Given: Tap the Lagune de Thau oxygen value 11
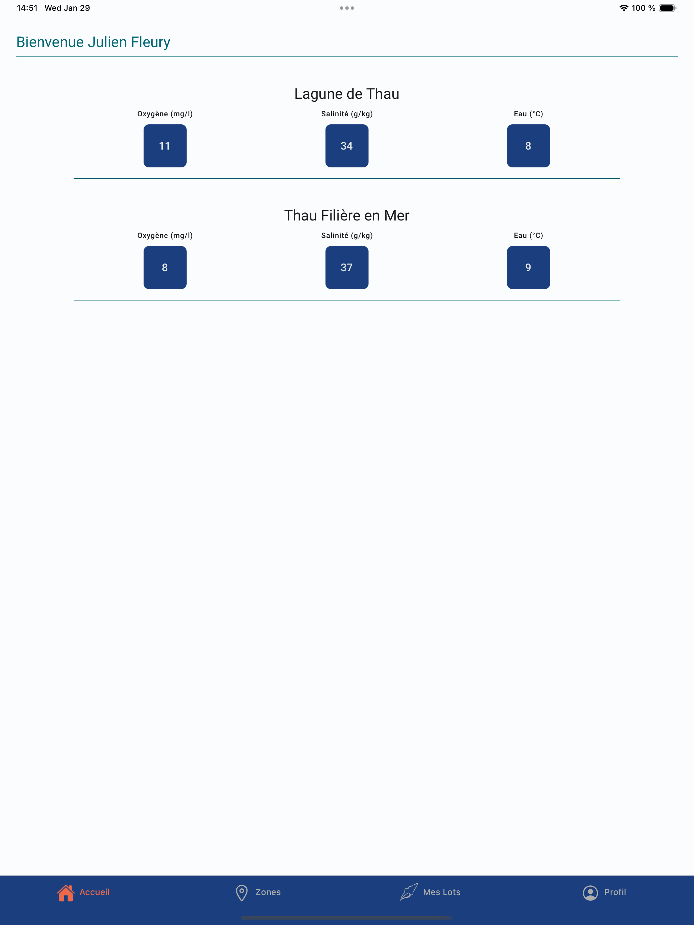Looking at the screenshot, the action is tap(165, 146).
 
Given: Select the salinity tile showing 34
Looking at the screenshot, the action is tap(347, 146).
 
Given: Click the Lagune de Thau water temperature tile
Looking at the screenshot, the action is tap(528, 146).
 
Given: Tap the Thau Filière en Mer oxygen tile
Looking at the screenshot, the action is tap(165, 268).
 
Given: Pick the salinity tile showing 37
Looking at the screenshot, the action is tap(347, 268).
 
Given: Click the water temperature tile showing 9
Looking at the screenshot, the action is tap(528, 268).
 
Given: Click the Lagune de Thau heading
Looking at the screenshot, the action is tap(347, 94).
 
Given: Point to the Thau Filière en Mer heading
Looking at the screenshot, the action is tap(347, 215).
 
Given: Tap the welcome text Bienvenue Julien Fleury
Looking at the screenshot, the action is tap(93, 42).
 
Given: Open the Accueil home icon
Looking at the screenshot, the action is tap(66, 893).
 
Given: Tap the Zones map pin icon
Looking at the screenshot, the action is tap(242, 893).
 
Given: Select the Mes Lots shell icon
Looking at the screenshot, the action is tap(409, 892).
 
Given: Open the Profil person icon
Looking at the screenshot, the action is tap(590, 893).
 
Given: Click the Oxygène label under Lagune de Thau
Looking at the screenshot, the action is tap(165, 114).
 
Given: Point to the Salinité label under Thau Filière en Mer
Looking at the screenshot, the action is tap(347, 235).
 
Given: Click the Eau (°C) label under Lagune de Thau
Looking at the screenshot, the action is tap(528, 114).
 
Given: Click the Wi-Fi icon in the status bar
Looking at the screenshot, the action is tap(624, 8).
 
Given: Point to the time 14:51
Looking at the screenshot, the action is tap(27, 8).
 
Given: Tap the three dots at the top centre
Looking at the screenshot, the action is tap(347, 8).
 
